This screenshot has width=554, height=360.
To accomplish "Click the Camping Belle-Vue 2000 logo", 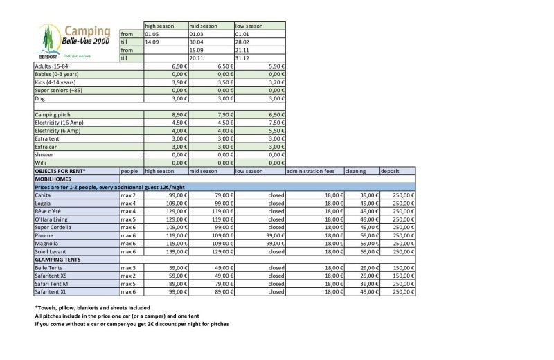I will [x=75, y=41].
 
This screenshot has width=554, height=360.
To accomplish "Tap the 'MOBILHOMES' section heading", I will [x=55, y=179].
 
